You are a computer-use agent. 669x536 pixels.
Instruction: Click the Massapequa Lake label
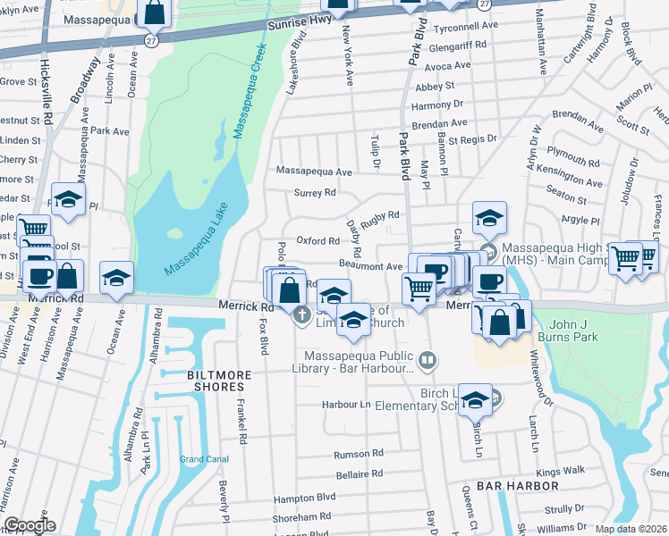197,240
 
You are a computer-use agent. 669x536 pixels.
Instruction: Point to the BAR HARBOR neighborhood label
518,485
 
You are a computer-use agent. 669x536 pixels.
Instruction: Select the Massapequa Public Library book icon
428,360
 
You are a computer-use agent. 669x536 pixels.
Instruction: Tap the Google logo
29,525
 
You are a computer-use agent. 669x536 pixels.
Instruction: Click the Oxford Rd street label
318,240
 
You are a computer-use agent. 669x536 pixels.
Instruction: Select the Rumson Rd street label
358,455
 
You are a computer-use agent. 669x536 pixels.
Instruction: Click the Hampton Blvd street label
303,497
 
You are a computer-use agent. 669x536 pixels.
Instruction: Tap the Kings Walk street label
560,470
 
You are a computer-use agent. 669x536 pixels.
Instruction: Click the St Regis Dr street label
472,139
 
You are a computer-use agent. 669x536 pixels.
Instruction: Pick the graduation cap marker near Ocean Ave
116,278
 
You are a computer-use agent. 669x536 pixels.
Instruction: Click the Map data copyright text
631,529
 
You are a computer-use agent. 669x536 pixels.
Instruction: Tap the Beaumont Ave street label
371,266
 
